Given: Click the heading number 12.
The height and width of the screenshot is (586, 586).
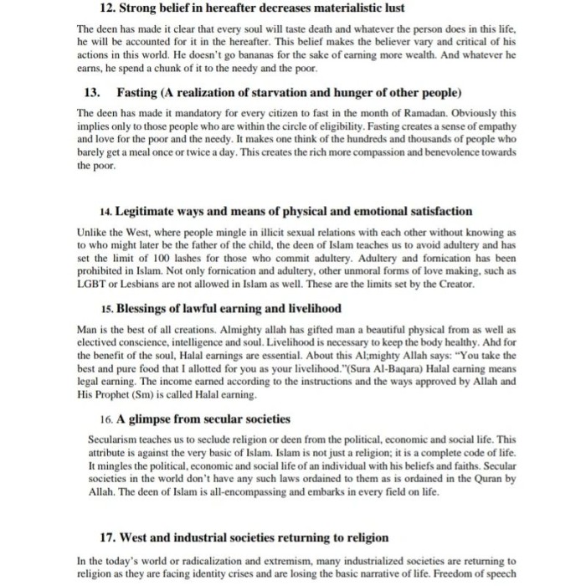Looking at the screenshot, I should pyautogui.click(x=106, y=8).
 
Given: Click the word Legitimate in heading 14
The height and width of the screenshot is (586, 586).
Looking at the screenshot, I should pyautogui.click(x=151, y=211).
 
